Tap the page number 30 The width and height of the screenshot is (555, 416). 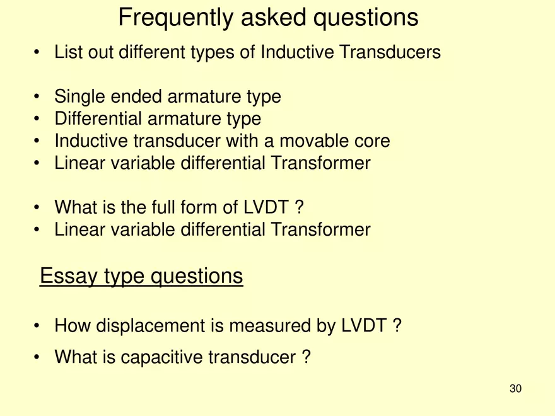pyautogui.click(x=515, y=389)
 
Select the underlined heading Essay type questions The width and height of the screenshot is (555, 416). pyautogui.click(x=141, y=276)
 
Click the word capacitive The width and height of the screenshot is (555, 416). pyautogui.click(x=160, y=358)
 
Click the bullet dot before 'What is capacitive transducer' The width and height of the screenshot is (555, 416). pyautogui.click(x=38, y=358)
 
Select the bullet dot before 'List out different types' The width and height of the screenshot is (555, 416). pyautogui.click(x=38, y=52)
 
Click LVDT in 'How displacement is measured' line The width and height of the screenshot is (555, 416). pyautogui.click(x=365, y=326)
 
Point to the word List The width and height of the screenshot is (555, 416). pyautogui.click(x=67, y=52)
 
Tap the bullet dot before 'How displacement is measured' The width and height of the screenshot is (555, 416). pyautogui.click(x=38, y=326)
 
